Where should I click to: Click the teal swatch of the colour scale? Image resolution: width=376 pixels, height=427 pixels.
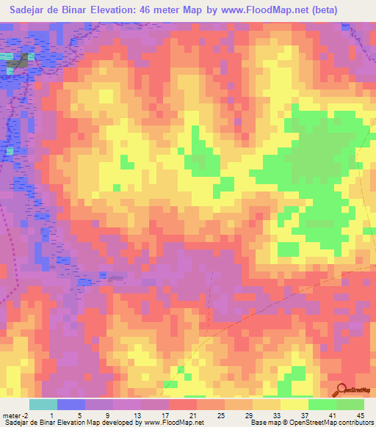43,404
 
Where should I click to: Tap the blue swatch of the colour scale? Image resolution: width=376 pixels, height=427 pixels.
71,404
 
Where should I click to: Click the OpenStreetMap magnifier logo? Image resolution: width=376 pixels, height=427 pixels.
342,389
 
